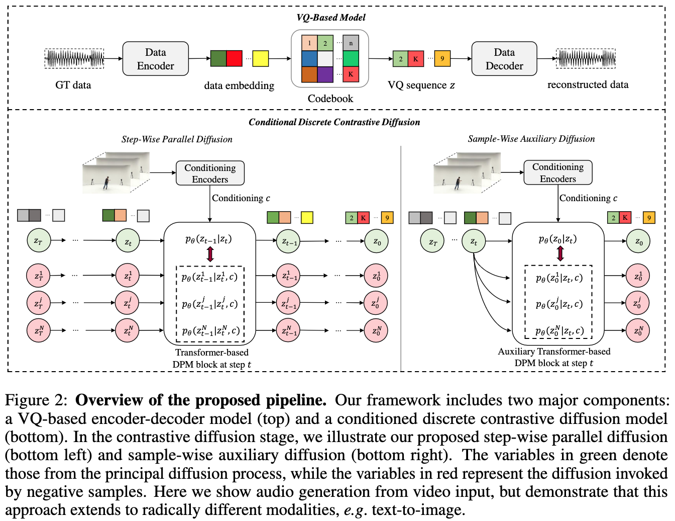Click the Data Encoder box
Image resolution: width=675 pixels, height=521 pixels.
(156, 59)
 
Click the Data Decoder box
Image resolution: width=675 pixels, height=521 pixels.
(504, 59)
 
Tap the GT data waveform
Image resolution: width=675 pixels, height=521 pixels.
(74, 59)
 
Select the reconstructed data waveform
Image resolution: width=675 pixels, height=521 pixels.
(586, 59)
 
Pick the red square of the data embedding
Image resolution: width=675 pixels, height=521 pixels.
(235, 58)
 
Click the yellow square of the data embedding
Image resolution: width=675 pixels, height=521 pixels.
(261, 59)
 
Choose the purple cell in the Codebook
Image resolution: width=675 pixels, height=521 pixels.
(325, 74)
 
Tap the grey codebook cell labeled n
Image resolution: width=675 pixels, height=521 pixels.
(351, 43)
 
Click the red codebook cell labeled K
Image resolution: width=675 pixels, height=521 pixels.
(351, 74)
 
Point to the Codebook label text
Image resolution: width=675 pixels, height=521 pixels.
(330, 99)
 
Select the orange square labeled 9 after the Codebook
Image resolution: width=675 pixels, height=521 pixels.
(442, 58)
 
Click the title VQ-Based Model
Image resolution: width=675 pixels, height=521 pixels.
(331, 18)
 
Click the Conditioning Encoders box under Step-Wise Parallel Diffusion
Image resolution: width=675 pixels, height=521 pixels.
(210, 173)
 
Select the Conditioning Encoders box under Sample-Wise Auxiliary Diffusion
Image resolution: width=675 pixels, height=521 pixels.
(558, 172)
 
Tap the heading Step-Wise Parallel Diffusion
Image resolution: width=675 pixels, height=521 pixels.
(177, 139)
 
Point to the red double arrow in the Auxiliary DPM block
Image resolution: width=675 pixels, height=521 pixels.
(560, 253)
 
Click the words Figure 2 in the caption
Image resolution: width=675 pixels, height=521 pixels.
(36, 400)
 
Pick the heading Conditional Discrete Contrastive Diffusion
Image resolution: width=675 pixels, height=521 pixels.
(334, 122)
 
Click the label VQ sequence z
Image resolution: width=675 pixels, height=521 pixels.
(421, 85)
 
